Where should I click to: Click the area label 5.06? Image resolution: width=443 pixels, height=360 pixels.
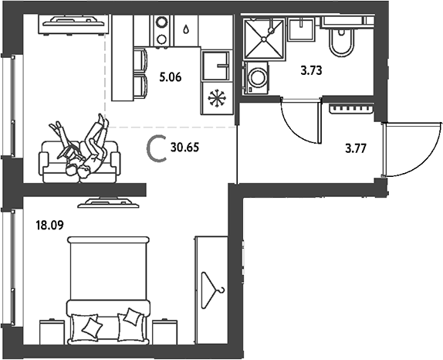(x=170, y=77)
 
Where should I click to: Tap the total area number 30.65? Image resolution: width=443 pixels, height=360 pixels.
(x=184, y=148)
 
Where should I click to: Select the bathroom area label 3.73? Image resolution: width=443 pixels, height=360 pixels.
(x=311, y=70)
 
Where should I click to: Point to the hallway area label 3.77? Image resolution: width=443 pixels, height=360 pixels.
(x=356, y=148)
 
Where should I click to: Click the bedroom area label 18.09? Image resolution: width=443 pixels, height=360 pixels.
(x=49, y=226)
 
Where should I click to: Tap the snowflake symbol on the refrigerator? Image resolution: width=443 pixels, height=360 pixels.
(x=218, y=98)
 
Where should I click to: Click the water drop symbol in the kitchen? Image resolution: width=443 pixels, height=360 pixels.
(x=186, y=29)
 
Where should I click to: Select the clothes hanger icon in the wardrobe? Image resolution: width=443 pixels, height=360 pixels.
(x=213, y=290)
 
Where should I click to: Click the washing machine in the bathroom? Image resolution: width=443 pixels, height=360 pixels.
(x=255, y=78)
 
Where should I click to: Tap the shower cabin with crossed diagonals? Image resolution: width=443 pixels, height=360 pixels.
(x=264, y=39)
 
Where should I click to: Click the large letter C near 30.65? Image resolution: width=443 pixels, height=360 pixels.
(x=156, y=148)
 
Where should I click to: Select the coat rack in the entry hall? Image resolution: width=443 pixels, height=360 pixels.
(x=352, y=109)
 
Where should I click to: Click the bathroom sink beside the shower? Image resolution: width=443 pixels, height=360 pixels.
(x=302, y=29)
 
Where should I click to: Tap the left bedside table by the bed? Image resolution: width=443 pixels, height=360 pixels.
(x=52, y=332)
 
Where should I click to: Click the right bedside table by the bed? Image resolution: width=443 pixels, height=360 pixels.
(x=165, y=332)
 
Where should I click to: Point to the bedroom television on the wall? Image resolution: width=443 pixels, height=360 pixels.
(x=109, y=203)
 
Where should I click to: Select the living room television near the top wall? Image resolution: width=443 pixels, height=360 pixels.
(x=73, y=25)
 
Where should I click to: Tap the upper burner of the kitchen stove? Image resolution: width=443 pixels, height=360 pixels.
(x=162, y=22)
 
